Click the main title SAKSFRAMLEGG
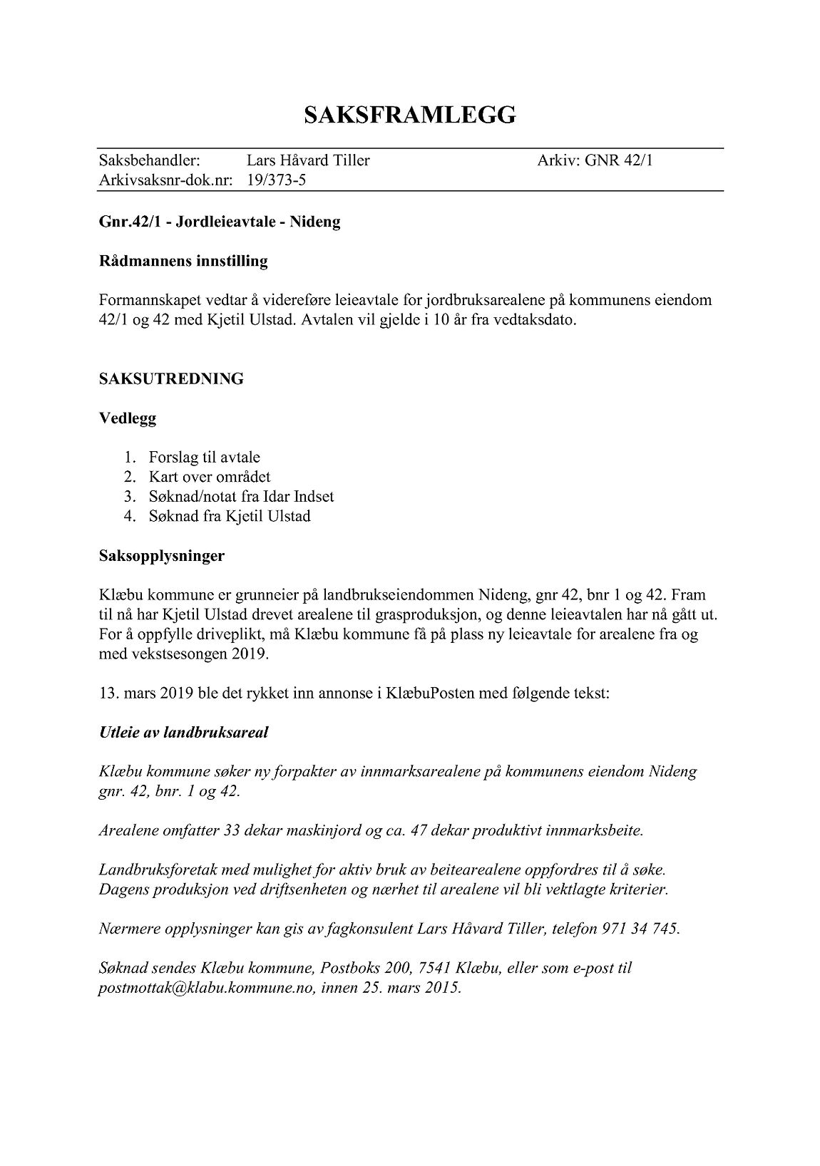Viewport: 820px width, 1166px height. click(409, 115)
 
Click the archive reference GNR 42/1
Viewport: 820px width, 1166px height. click(618, 160)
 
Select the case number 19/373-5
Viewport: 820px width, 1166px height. click(277, 180)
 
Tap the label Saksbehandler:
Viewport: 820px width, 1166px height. click(149, 160)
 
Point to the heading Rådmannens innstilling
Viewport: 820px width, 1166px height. click(183, 261)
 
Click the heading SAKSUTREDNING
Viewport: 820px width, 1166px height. click(171, 379)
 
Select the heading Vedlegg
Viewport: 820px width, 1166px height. click(128, 418)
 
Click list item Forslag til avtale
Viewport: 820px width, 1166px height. click(204, 458)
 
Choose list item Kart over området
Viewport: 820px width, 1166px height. click(210, 477)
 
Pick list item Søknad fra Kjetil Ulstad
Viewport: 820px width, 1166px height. click(230, 516)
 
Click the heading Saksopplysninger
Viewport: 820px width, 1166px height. click(162, 556)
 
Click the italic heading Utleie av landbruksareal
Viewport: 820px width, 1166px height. click(184, 733)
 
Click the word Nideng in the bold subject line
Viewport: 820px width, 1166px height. click(314, 222)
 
